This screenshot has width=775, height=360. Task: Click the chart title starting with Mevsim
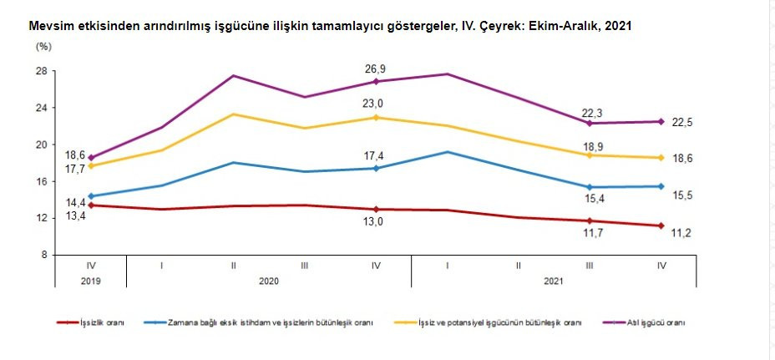(329, 27)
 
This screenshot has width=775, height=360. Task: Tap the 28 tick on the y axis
(41, 71)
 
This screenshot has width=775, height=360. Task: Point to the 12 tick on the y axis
(41, 218)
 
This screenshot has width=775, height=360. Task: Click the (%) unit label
(43, 46)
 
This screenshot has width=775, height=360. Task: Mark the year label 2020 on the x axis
(269, 281)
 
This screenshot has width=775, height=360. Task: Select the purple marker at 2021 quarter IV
(661, 122)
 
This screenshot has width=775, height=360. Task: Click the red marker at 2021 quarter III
(590, 221)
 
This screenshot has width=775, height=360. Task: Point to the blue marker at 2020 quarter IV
(376, 168)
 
